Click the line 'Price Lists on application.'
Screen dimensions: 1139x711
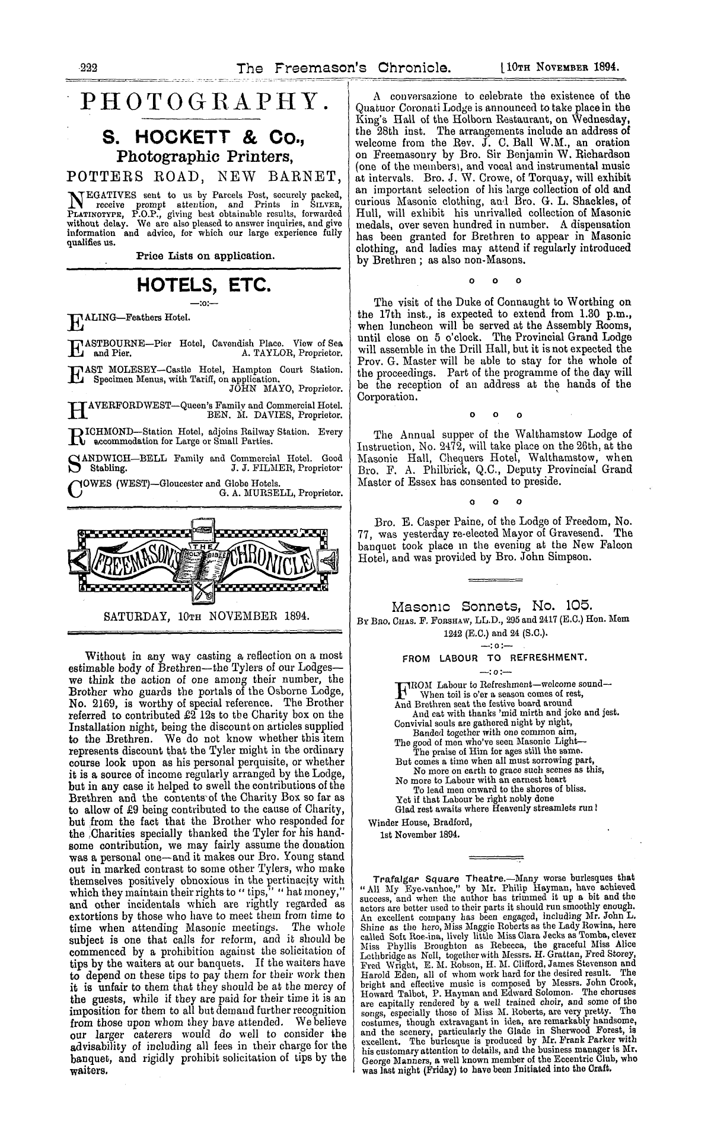click(x=205, y=257)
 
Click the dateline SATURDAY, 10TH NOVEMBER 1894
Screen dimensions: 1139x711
click(x=206, y=616)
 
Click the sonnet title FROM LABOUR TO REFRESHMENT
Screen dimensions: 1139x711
click(x=495, y=658)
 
